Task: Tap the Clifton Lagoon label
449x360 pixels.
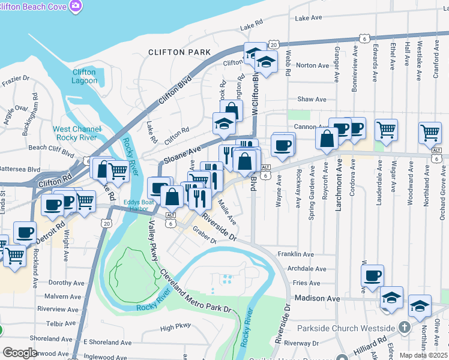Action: coord(84,76)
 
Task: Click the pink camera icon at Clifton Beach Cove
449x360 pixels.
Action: coord(76,6)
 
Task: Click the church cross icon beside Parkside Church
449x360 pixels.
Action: coord(405,328)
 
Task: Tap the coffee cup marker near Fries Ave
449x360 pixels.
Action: coord(372,275)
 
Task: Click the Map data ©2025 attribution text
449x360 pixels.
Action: coord(423,355)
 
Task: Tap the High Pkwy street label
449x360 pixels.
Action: coord(175,328)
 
